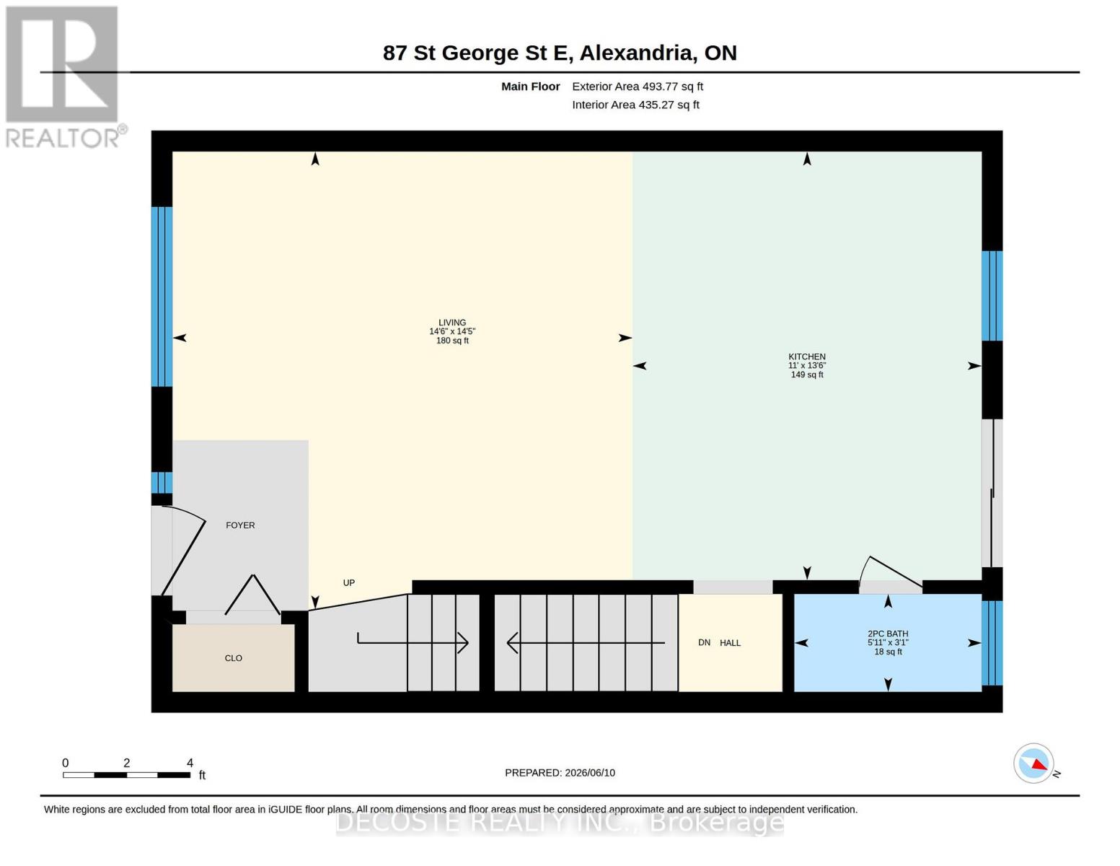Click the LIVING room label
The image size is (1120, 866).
452,323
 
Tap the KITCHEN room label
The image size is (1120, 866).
806,357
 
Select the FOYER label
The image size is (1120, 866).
240,525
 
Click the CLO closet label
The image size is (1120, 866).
234,658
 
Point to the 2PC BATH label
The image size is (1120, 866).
888,634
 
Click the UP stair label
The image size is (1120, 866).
349,583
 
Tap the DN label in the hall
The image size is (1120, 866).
704,643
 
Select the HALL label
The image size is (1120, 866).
730,643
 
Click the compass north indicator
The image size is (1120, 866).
1034,764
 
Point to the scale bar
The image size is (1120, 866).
127,775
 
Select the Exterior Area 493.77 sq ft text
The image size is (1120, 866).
638,87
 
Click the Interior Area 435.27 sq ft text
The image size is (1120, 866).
635,105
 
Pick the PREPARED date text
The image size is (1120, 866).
560,773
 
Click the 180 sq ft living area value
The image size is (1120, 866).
452,341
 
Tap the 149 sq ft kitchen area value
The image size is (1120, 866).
807,375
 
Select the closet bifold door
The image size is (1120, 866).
252,594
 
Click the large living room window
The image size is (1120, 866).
162,297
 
